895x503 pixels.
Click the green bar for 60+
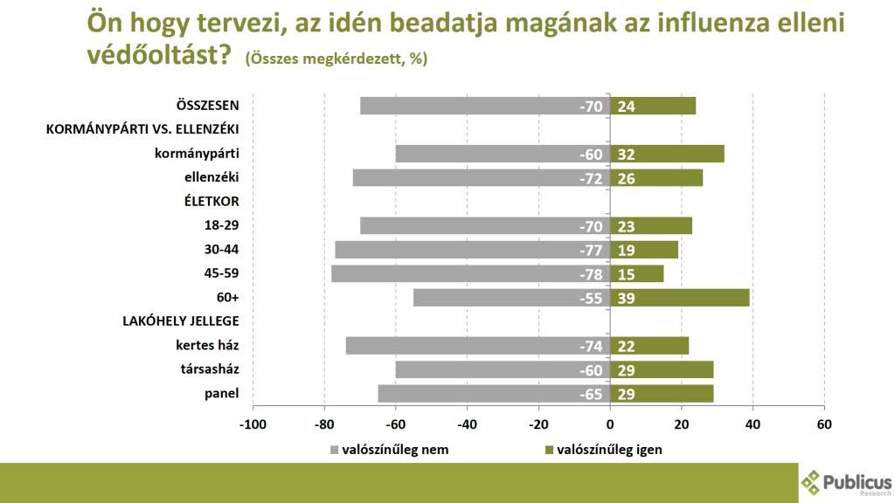[x=680, y=298]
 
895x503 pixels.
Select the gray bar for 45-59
[x=470, y=273]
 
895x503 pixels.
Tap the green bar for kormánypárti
[x=667, y=154]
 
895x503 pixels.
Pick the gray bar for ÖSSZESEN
[x=485, y=106]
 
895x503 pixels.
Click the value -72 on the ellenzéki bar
[x=591, y=178]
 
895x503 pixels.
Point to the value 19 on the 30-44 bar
[x=627, y=250]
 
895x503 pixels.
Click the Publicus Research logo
[x=845, y=481]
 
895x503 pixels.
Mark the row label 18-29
[x=222, y=225]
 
